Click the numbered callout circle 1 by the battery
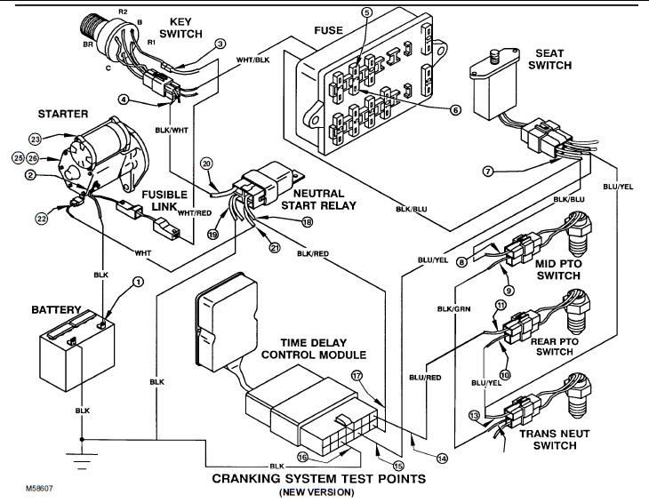(x=138, y=283)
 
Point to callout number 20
(x=206, y=164)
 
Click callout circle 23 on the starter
(x=36, y=139)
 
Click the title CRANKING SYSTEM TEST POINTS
(x=316, y=479)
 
